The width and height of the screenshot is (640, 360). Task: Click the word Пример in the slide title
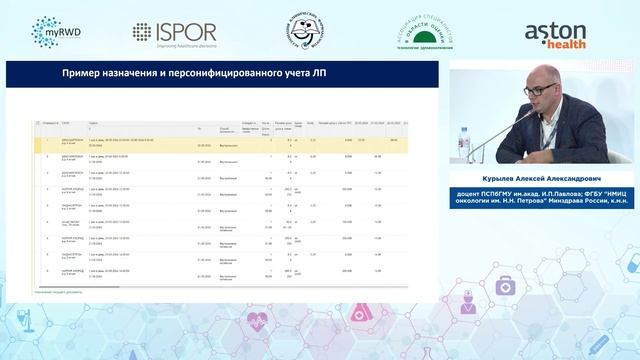(x=81, y=74)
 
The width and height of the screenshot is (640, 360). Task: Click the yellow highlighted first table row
(x=220, y=142)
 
